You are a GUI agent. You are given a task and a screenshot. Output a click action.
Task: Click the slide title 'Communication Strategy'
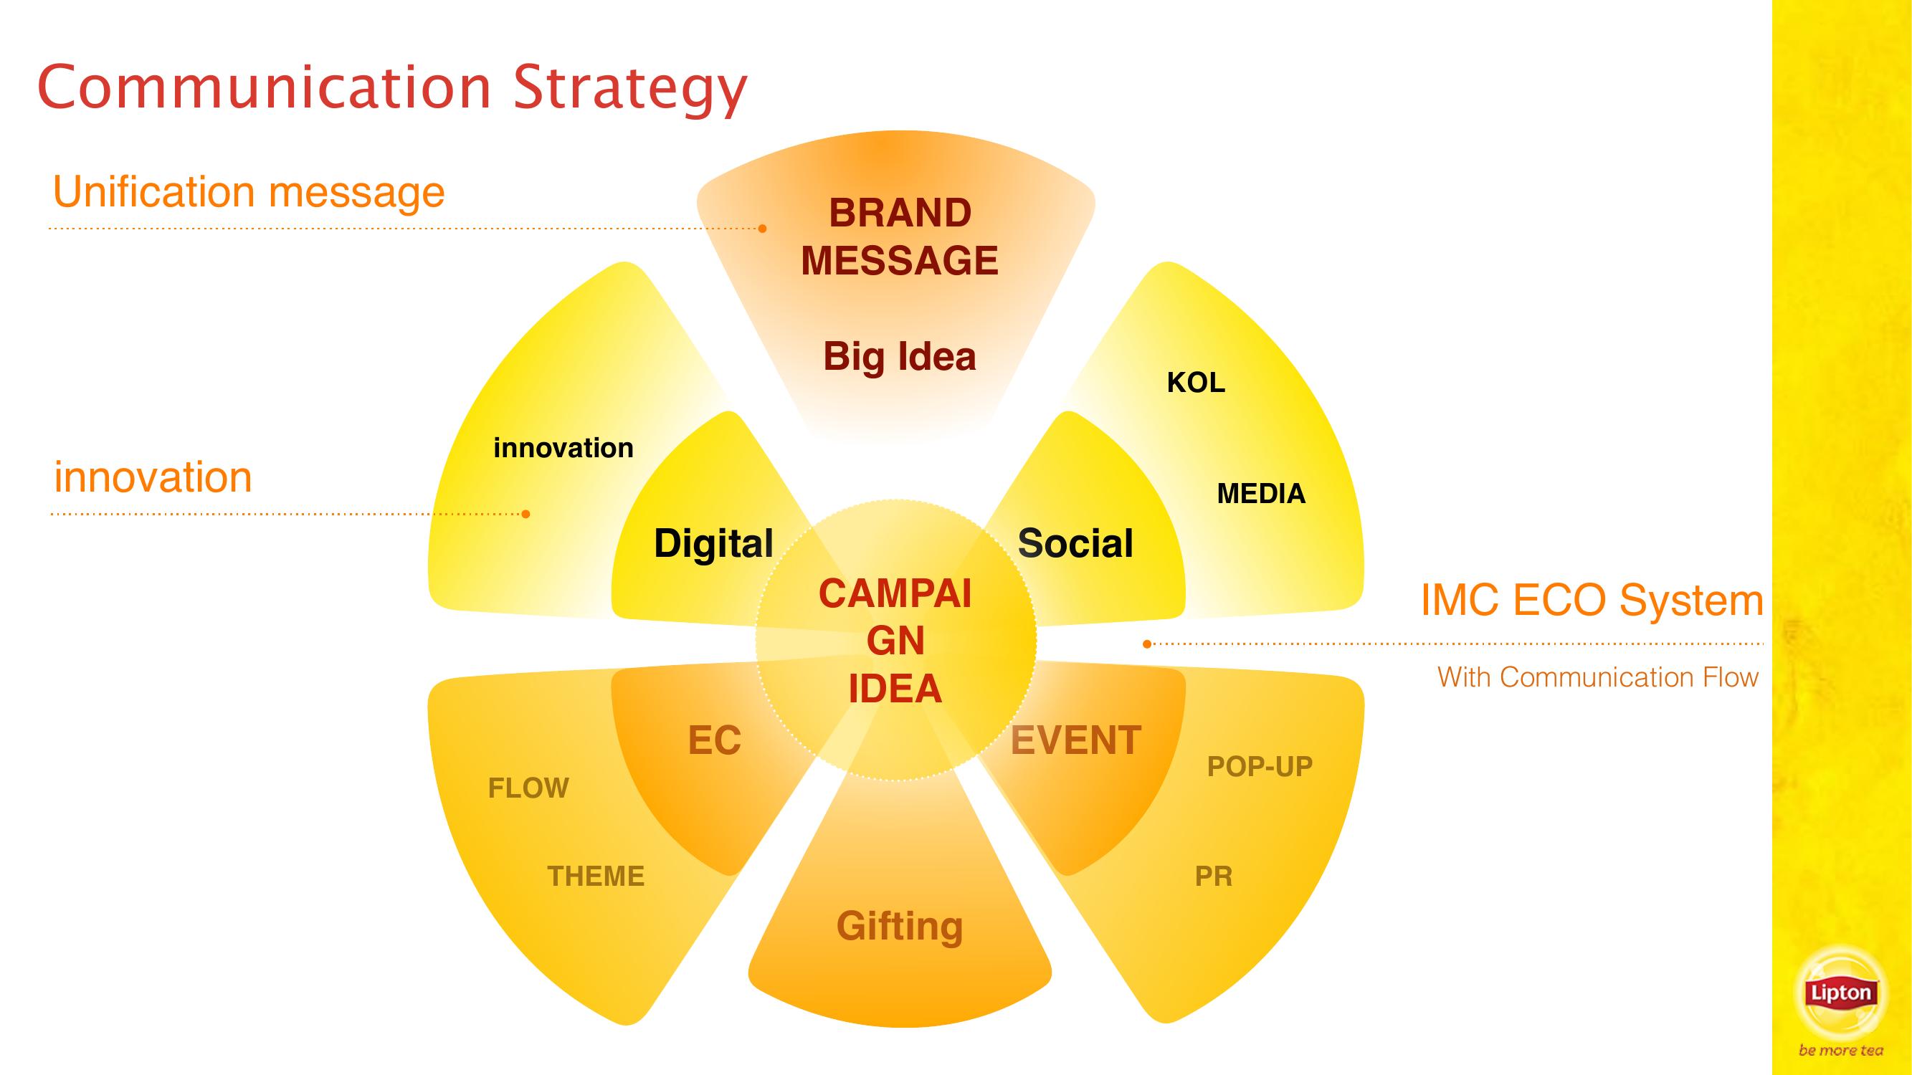click(x=393, y=89)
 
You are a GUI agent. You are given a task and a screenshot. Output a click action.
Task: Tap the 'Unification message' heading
click(x=249, y=192)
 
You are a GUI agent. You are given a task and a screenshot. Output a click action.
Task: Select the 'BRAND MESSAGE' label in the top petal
click(x=900, y=236)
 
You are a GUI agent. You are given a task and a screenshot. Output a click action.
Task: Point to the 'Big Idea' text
click(x=900, y=357)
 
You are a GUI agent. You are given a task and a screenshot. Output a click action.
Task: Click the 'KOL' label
click(x=1196, y=383)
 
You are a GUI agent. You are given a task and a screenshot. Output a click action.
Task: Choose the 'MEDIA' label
click(x=1261, y=493)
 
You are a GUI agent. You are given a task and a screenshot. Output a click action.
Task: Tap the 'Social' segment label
click(x=1075, y=543)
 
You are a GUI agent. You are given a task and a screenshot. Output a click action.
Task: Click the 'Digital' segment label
click(x=713, y=544)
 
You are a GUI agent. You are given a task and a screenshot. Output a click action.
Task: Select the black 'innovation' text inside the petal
click(x=563, y=448)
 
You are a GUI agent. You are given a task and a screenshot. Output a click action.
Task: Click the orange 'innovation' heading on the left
click(x=153, y=477)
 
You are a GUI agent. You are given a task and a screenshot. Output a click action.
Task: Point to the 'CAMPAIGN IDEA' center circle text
click(x=895, y=641)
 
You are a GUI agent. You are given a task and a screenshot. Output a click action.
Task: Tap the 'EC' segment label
click(x=715, y=740)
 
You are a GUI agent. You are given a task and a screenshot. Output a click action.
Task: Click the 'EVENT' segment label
click(x=1076, y=740)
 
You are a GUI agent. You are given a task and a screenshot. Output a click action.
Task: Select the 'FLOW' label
click(x=528, y=788)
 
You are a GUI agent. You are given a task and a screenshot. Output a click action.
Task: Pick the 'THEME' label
click(x=596, y=876)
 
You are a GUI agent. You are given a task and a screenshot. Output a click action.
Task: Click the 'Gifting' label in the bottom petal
click(x=900, y=927)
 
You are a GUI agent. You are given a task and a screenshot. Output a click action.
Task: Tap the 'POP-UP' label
click(x=1260, y=766)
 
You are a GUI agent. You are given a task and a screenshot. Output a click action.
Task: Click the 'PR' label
click(x=1214, y=876)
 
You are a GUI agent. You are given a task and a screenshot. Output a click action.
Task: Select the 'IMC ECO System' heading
click(x=1592, y=599)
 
